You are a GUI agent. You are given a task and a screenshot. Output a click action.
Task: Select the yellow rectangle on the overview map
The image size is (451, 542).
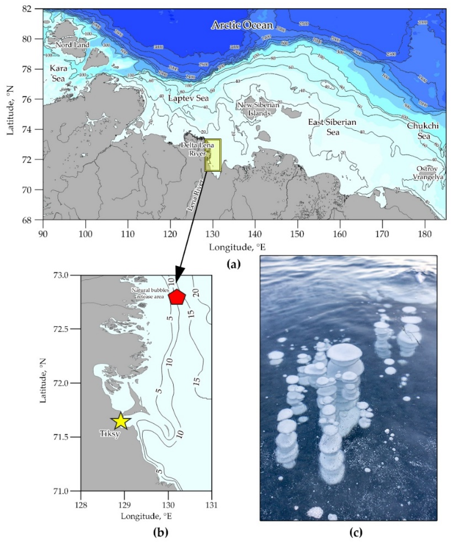point(213,155)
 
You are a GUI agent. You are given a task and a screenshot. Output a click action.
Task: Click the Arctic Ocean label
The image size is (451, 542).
point(242,25)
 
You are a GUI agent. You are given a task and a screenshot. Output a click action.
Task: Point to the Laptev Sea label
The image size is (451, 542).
point(188,98)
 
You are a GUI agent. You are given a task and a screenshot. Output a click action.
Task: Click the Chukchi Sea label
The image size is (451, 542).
point(423,131)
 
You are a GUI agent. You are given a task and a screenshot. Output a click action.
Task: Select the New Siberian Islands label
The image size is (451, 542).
point(258,109)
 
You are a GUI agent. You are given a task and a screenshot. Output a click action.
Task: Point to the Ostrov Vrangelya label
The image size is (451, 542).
point(428,173)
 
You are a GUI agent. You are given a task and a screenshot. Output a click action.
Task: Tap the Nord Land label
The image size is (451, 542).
point(72,45)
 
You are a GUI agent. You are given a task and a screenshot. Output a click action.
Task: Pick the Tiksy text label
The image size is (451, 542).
point(110,433)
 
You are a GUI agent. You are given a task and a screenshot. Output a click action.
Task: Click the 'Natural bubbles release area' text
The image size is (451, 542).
point(150,293)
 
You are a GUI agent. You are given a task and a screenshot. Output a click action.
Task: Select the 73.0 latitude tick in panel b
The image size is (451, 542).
point(69,275)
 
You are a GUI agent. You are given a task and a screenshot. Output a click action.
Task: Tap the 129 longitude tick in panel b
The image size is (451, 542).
point(124,505)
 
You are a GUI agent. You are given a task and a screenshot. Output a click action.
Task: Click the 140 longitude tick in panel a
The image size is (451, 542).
point(255,234)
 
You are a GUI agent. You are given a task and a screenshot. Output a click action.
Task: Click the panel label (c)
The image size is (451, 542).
point(355,533)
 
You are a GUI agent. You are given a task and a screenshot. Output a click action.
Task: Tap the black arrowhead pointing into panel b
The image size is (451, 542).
point(178,274)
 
